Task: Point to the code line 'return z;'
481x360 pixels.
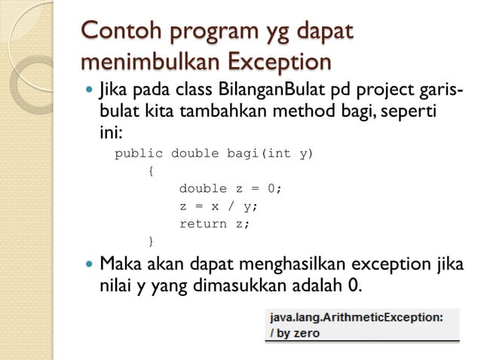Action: [x=214, y=224]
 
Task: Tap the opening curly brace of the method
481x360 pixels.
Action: [x=151, y=171]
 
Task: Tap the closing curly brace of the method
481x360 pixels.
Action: [x=151, y=241]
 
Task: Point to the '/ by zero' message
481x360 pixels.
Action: [x=296, y=333]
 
